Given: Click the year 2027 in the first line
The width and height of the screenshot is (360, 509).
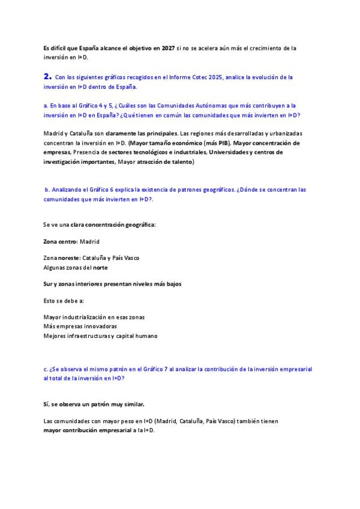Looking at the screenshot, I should (168, 47).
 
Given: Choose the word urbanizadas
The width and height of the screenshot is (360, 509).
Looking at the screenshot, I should (283, 133).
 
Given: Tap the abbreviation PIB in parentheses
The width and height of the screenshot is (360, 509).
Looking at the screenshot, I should (217, 143).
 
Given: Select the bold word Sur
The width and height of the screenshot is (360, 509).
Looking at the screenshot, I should (49, 283).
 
